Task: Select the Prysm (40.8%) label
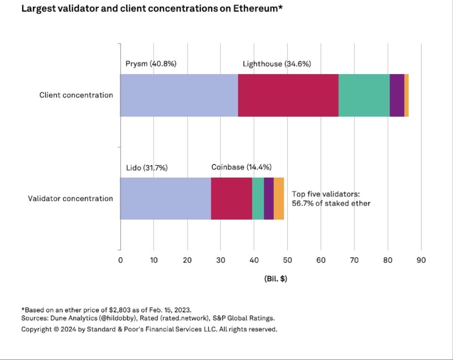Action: point(151,64)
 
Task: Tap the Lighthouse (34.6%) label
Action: point(277,64)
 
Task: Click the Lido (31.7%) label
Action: point(147,168)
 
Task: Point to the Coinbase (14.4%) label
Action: point(241,167)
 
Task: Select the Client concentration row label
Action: point(76,95)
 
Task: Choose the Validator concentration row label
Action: point(71,198)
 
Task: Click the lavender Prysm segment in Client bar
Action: point(179,95)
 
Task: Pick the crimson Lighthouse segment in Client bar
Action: point(288,95)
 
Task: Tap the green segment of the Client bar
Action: point(364,95)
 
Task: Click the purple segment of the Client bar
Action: point(397,95)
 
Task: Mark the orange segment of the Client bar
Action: point(406,95)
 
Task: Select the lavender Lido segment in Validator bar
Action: point(165,198)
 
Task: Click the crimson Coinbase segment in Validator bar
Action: point(231,198)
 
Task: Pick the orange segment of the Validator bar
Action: point(279,198)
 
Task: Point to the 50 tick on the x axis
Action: point(287,260)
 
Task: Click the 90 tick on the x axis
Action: point(421,260)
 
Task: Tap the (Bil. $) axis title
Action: point(275,279)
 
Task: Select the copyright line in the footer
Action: point(149,329)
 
